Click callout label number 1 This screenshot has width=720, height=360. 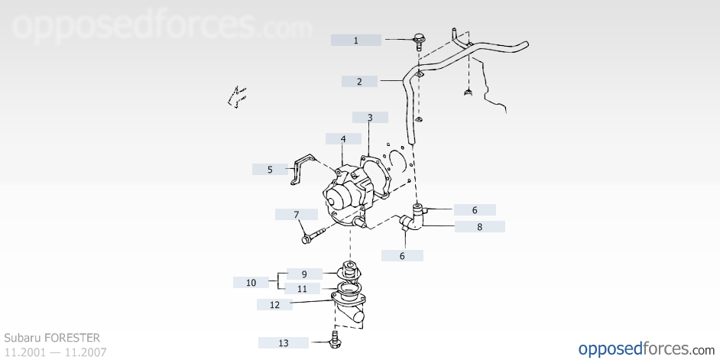pos(356,41)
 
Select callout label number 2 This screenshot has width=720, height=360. pos(359,82)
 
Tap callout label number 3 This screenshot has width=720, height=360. pos(370,118)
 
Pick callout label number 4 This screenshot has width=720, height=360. pos(343,138)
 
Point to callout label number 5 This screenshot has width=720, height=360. pos(270,170)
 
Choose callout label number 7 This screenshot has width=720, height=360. pos(296,215)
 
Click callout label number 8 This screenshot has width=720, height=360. pos(480,226)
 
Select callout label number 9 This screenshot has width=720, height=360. pos(304,274)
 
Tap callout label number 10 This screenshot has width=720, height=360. pos(251,282)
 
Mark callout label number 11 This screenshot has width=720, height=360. pos(302,289)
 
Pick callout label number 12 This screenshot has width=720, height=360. pos(274,304)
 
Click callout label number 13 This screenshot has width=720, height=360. pos(284,342)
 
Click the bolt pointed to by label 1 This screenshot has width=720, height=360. pos(419,41)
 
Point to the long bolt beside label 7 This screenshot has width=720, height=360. pos(314,235)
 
